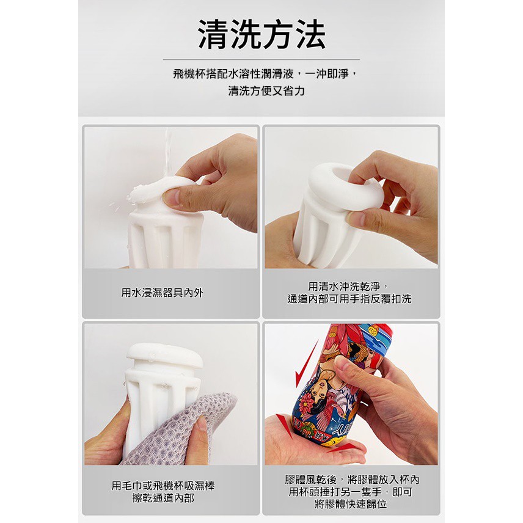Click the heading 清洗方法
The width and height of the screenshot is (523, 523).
pos(261,35)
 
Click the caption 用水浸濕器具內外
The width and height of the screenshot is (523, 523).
pos(163,293)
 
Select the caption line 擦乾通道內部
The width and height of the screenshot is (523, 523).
pos(163,498)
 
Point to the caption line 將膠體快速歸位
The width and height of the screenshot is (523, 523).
pos(351,505)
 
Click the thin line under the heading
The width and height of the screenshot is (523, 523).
pos(261,59)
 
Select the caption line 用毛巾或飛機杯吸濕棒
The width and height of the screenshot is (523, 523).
pos(163,486)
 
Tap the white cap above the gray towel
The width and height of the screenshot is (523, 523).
pos(164,356)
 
